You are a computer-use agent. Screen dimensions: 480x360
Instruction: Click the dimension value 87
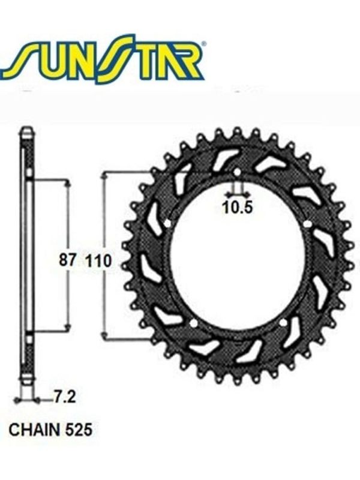pos(67,260)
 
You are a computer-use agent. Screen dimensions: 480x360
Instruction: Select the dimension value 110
pos(99,261)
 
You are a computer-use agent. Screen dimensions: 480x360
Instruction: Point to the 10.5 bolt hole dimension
pos(238,208)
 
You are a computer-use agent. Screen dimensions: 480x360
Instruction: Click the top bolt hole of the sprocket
pos(238,172)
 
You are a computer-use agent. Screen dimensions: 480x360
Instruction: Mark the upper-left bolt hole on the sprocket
pos(167,224)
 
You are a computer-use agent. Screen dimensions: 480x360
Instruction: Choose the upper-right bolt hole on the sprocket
pos(308,224)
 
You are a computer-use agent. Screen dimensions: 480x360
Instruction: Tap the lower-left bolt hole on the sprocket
pos(194,324)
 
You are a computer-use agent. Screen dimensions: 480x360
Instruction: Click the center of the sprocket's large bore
pos(238,258)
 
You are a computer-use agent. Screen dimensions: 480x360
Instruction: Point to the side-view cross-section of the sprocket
pos(26,258)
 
